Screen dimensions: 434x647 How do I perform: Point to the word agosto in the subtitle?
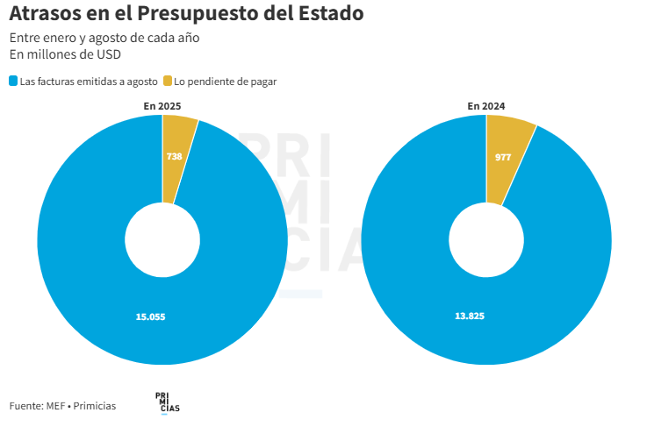click(130, 39)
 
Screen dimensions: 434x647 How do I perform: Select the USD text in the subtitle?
click(108, 55)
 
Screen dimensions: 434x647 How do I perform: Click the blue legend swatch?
click(13, 82)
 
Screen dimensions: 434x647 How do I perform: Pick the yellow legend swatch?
click(167, 82)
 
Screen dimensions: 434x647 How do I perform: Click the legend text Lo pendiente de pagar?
click(226, 82)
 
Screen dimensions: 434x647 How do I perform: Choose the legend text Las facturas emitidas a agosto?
click(89, 82)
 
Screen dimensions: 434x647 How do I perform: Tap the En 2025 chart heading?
click(162, 106)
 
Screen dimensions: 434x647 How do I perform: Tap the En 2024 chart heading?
click(486, 106)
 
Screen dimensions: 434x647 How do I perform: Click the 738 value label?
click(174, 156)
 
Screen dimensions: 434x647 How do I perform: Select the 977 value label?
click(503, 157)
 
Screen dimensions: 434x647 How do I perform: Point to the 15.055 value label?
click(150, 317)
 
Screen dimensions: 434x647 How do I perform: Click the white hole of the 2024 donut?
click(486, 238)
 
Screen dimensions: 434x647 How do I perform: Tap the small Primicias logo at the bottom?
click(167, 402)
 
